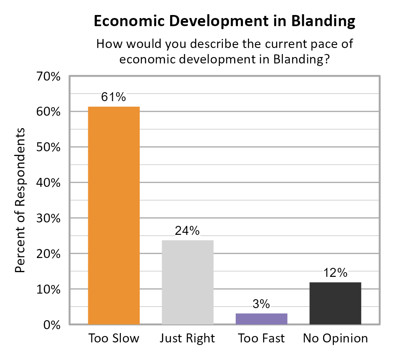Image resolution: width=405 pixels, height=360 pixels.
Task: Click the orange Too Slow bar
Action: (x=114, y=215)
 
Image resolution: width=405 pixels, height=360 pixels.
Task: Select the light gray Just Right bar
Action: (x=188, y=282)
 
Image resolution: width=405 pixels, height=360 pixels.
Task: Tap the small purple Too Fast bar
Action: (x=261, y=319)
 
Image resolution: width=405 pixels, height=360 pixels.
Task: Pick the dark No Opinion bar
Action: (x=335, y=303)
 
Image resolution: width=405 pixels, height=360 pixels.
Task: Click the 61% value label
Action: (x=114, y=97)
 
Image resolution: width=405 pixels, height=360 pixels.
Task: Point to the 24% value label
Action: (x=187, y=231)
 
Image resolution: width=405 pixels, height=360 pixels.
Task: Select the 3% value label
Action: (x=261, y=304)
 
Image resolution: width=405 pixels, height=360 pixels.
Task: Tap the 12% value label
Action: (x=335, y=273)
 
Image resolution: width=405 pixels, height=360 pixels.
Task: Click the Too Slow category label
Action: (x=114, y=339)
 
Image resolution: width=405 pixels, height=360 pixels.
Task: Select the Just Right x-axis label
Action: (x=187, y=339)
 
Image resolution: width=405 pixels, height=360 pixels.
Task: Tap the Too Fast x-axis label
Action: (x=261, y=339)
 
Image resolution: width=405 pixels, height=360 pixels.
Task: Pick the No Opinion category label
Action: (x=335, y=339)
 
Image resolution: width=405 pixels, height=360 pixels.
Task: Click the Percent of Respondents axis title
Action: (x=20, y=200)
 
